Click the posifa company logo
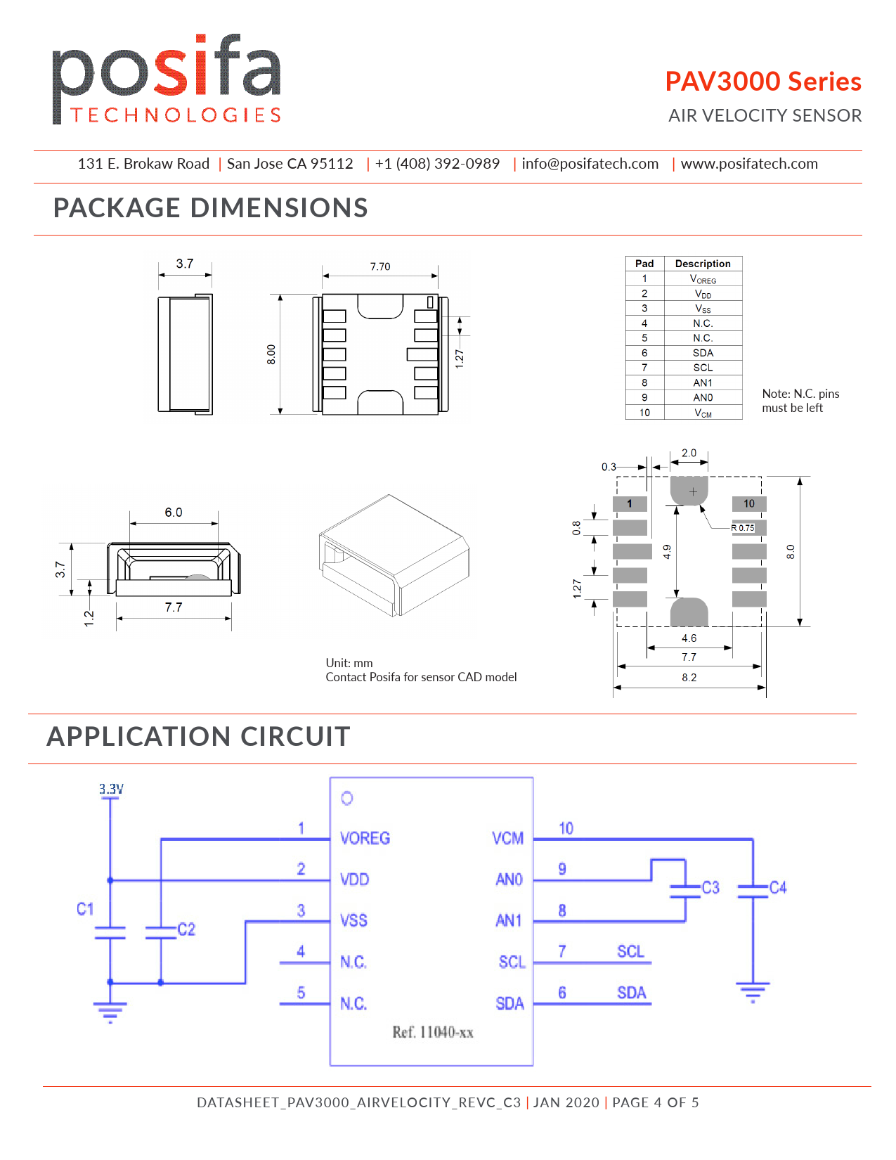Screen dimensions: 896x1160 [x=166, y=79]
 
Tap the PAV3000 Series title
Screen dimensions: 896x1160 [x=762, y=82]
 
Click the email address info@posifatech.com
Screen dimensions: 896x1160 [x=590, y=163]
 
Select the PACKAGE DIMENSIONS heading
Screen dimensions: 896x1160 [x=210, y=207]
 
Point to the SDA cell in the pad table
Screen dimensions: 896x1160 [x=703, y=353]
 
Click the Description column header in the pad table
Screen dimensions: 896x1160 [x=703, y=264]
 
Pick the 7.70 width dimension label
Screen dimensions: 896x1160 [x=380, y=266]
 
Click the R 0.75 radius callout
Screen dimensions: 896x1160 [x=742, y=527]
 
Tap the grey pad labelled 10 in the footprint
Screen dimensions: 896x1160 [x=748, y=503]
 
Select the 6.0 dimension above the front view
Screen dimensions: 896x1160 [x=174, y=513]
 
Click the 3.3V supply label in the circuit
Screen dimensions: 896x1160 [x=111, y=789]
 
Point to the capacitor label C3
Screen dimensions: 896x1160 [x=710, y=888]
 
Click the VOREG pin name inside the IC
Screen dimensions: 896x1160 [x=365, y=838]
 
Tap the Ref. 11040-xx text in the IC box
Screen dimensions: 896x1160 [x=433, y=1033]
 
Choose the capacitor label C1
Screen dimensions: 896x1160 [x=85, y=909]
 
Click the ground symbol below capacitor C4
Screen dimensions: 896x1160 [x=753, y=992]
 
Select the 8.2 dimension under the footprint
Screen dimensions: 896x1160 [x=689, y=678]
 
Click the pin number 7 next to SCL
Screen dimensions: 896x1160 [x=562, y=951]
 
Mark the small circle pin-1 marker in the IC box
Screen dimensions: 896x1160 [x=347, y=799]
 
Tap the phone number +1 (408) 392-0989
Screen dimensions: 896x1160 [x=437, y=163]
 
